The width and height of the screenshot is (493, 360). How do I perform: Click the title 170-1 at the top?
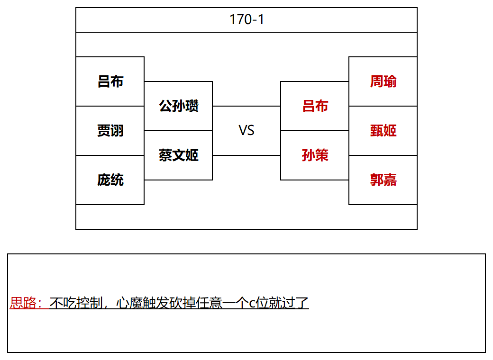[x=246, y=19]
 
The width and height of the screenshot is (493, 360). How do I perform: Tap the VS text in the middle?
[x=246, y=130]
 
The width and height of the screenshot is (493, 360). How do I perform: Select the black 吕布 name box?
[x=110, y=81]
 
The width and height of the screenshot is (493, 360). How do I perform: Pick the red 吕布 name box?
[x=315, y=106]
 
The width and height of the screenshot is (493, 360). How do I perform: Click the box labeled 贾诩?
[x=110, y=131]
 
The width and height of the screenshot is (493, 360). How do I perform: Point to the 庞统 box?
[x=110, y=180]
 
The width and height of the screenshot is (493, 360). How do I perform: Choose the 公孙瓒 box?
[x=178, y=106]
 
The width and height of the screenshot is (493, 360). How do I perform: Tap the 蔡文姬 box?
[x=178, y=155]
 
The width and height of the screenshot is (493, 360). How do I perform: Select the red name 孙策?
[x=315, y=155]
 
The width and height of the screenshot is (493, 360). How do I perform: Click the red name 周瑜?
[x=383, y=81]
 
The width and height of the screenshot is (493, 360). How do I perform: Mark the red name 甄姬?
[x=383, y=131]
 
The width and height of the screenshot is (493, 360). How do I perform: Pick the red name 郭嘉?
[x=383, y=180]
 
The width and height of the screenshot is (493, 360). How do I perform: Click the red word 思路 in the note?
[x=23, y=303]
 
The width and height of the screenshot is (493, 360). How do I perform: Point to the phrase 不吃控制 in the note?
[x=76, y=303]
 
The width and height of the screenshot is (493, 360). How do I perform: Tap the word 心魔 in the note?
[x=129, y=303]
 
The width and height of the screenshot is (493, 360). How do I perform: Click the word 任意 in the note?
[x=209, y=303]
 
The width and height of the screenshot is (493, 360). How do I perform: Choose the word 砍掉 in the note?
[x=183, y=303]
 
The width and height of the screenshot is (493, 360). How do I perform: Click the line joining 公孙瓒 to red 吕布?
[x=246, y=106]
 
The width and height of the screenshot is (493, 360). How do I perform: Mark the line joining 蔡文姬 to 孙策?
[x=246, y=155]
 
